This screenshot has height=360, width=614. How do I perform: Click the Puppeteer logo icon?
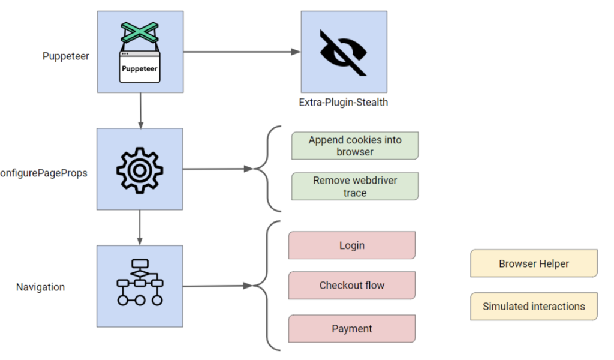pos(140,52)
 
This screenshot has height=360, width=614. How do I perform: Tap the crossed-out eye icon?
pos(343,52)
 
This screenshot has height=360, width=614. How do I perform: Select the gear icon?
pos(140,169)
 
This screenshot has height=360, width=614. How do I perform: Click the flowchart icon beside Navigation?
pos(140,283)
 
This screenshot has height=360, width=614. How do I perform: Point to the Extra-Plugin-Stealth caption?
pos(343,103)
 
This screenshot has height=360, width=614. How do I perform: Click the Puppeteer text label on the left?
pos(66,56)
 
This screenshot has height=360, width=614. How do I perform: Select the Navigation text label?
pos(40,287)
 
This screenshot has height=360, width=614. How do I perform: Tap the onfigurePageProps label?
pos(44,173)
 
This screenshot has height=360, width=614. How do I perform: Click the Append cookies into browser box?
pos(355,146)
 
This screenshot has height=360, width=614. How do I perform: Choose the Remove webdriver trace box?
pos(355,187)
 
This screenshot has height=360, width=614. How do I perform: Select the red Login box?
pos(352,245)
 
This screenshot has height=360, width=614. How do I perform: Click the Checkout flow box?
pos(352,286)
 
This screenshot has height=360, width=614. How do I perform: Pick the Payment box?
pos(352,329)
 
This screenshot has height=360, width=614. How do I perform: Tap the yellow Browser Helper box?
pos(534,263)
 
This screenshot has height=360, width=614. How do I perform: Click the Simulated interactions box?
pos(534,307)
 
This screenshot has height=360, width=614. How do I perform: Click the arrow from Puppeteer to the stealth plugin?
pos(240,52)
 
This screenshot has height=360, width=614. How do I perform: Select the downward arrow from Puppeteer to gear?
pos(140,110)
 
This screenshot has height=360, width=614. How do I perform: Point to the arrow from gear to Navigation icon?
pos(140,227)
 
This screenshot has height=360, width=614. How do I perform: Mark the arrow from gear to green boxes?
pos(216,169)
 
